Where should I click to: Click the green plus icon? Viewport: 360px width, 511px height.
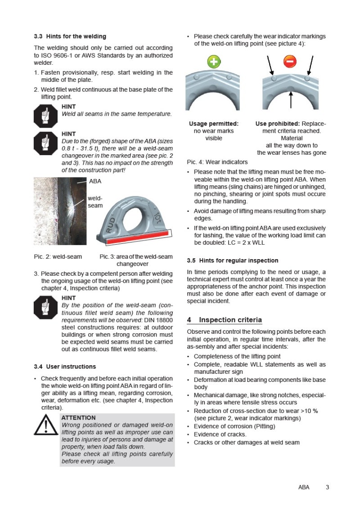214,62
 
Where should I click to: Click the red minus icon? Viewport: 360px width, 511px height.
290,61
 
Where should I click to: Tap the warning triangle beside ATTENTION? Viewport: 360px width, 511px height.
46,425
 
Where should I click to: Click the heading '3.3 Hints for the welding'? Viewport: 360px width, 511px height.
70,36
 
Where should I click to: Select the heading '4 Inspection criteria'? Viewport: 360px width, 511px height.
225,320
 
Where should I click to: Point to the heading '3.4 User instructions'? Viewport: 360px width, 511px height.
65,367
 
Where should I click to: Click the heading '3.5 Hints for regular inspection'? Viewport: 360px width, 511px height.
233,260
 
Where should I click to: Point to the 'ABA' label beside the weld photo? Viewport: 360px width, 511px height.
95,181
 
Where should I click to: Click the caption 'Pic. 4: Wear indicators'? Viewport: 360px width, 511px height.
217,162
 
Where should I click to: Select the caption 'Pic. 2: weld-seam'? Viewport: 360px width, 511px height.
58,256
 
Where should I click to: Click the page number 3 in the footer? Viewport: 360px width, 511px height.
328,487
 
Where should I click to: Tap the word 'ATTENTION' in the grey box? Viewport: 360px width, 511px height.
79,417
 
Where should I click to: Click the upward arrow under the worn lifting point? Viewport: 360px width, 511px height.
291,100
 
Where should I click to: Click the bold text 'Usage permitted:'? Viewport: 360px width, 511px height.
214,124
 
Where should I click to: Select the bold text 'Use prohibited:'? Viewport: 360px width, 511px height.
278,124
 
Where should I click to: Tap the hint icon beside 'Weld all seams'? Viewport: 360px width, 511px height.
45,116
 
